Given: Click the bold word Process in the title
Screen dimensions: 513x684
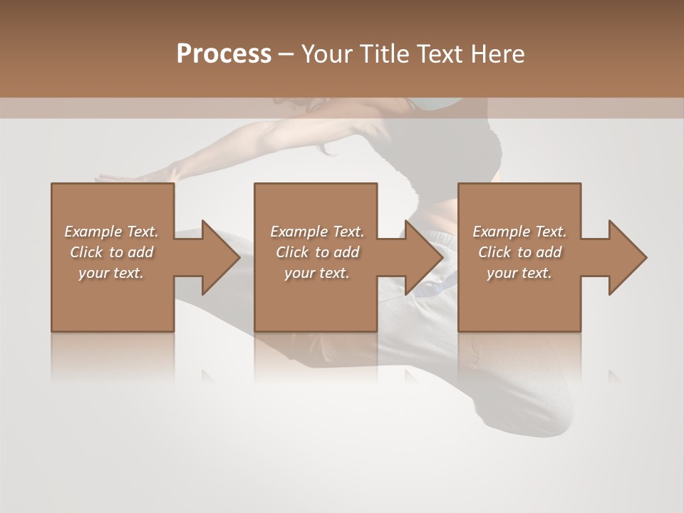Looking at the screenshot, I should pos(224,54).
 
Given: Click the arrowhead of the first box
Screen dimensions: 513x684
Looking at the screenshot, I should pos(219,257).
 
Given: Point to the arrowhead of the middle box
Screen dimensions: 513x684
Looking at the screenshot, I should pos(423,257).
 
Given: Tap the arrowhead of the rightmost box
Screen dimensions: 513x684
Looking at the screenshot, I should pos(626,257).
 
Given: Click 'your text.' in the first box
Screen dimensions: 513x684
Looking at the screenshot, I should pos(111,273).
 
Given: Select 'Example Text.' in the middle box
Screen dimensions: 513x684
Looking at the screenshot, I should pos(316,232).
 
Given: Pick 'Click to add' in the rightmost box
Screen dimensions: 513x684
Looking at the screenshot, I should pos(519,252).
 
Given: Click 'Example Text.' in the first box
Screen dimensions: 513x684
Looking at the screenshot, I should pos(111,232).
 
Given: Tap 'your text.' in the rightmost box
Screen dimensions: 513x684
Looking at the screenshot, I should pos(519,273).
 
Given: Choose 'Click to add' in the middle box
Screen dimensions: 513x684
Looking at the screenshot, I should pos(316,252).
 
